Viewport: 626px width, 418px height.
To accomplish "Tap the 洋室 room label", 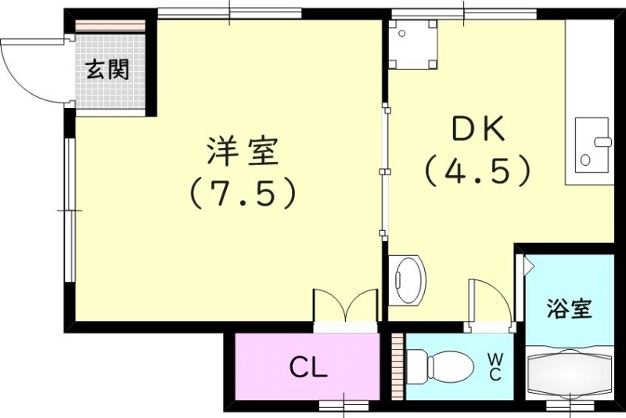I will [243, 152].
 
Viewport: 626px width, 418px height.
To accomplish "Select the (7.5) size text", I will [243, 193].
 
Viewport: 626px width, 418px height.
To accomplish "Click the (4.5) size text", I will [478, 170].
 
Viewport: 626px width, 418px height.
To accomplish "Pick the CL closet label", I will [308, 366].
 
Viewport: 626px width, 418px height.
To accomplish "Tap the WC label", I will [495, 367].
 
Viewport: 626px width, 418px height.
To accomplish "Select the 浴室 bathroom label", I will [569, 308].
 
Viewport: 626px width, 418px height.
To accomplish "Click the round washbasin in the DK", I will [408, 279].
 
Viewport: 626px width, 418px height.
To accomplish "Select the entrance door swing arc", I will [31, 70].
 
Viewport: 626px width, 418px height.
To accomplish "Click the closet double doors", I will [345, 305].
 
